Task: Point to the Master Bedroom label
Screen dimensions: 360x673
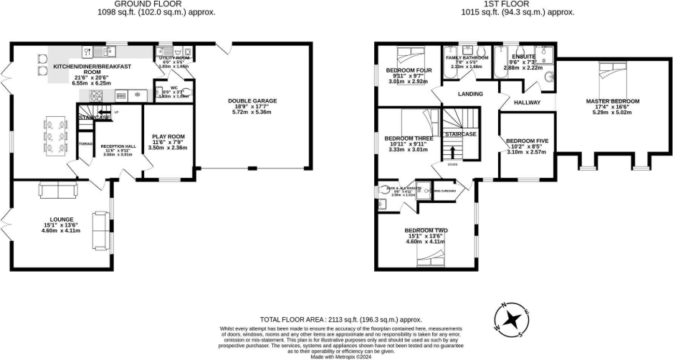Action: pos(612,102)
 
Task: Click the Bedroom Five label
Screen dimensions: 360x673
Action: pos(527,141)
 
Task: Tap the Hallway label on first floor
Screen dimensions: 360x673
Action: pos(527,103)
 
